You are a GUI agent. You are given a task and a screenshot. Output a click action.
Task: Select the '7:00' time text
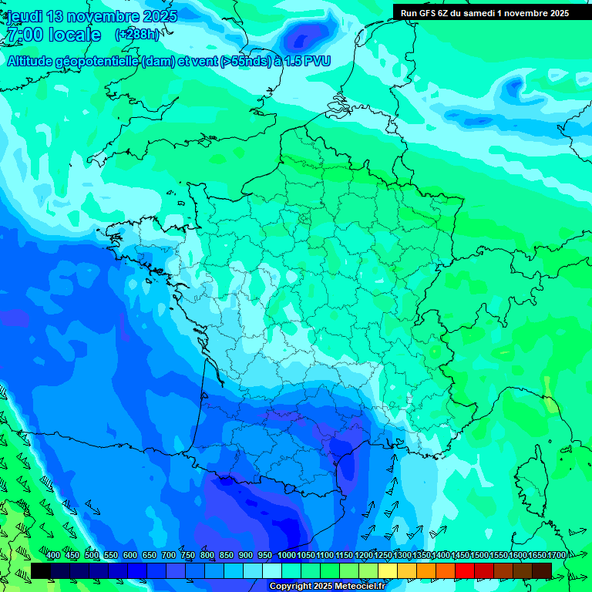point(23,35)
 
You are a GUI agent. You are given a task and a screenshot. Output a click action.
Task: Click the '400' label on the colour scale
point(53,556)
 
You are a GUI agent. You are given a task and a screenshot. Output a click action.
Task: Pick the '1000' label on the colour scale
point(287,556)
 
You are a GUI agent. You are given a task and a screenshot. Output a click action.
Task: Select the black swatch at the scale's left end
point(41,570)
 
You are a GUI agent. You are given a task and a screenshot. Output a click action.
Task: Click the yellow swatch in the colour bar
point(388,570)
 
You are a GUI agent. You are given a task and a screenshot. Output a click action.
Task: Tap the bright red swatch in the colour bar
point(465,570)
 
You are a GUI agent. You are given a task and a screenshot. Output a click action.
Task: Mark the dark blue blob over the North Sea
point(309,35)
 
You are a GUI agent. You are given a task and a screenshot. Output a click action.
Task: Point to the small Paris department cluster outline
point(305,217)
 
